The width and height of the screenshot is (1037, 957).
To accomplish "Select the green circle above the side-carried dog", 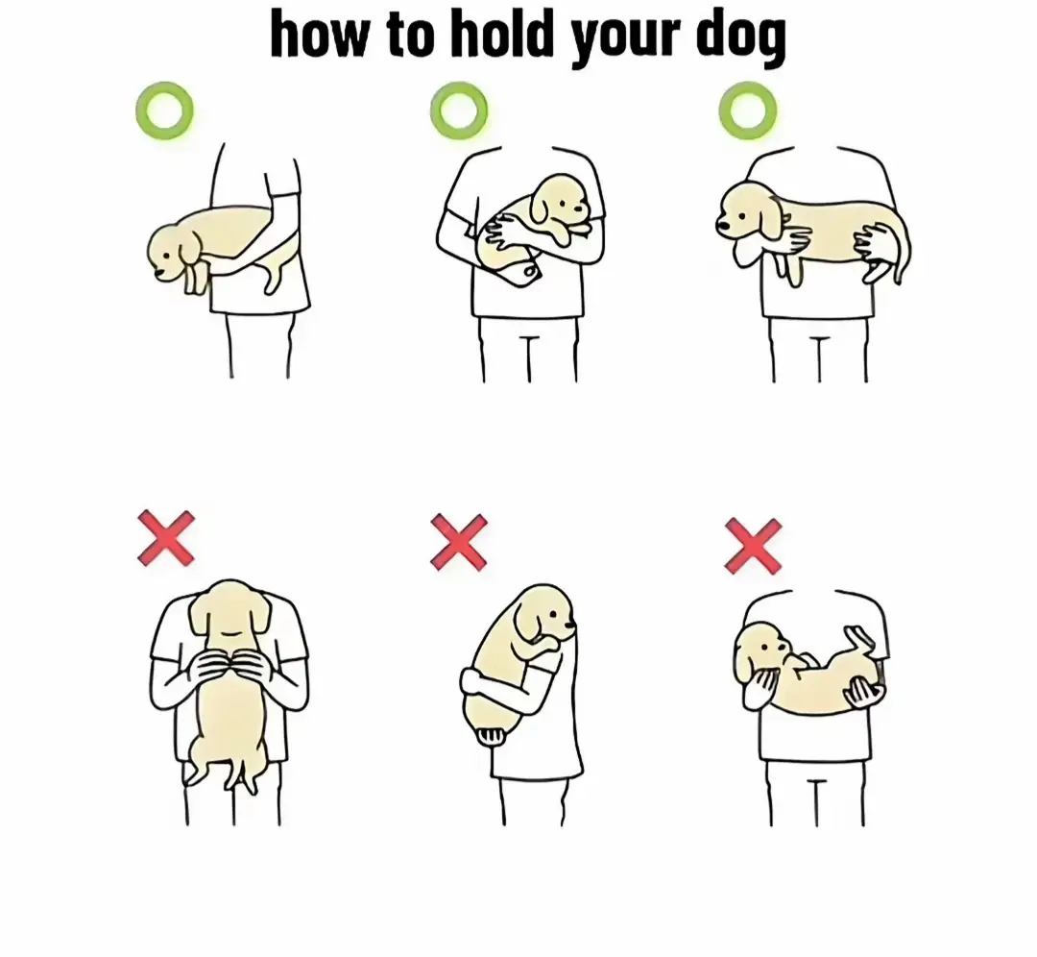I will pos(164,110).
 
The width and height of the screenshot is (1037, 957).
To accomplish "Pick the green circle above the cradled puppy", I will pos(459,110).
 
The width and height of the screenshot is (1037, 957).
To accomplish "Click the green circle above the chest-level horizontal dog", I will pos(747,110).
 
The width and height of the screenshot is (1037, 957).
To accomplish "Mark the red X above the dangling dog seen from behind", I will pos(166,538).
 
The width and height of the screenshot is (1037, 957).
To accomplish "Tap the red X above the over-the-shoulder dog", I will pos(458,542).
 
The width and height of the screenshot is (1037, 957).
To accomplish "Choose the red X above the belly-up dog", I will pos(753,546).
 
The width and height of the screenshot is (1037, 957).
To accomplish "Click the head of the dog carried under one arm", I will pos(173,252).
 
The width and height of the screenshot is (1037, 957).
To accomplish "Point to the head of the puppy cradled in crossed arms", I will pos(560,202).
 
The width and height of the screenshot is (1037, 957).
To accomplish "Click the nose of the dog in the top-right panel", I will pos(721,227).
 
